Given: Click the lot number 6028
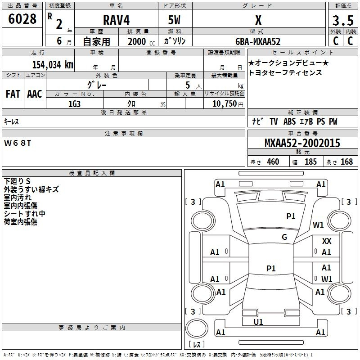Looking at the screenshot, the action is [x=22, y=19].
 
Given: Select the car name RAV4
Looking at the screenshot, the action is [x=116, y=20].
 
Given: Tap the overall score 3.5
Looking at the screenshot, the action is [x=343, y=20].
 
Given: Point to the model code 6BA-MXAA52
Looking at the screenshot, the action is [x=258, y=41].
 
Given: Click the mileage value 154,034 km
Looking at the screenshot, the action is [x=53, y=64].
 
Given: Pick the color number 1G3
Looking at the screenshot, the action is [x=74, y=104].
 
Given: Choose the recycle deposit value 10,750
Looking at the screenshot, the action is [x=224, y=104].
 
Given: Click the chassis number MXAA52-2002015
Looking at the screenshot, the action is [x=302, y=143].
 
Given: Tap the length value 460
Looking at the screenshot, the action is [x=273, y=162].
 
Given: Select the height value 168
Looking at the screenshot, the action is [x=346, y=162].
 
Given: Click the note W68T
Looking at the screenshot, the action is [x=18, y=143].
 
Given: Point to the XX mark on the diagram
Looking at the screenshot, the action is [x=327, y=241].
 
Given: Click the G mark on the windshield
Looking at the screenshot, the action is [x=284, y=237].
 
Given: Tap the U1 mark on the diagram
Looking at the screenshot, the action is [x=258, y=322].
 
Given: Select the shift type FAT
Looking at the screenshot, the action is [x=13, y=94].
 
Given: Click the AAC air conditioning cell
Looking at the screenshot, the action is [x=35, y=94].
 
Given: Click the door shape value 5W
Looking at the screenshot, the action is [x=174, y=20].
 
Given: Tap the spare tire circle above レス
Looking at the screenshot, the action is [x=197, y=328].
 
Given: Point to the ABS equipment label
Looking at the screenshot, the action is [x=289, y=121].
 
